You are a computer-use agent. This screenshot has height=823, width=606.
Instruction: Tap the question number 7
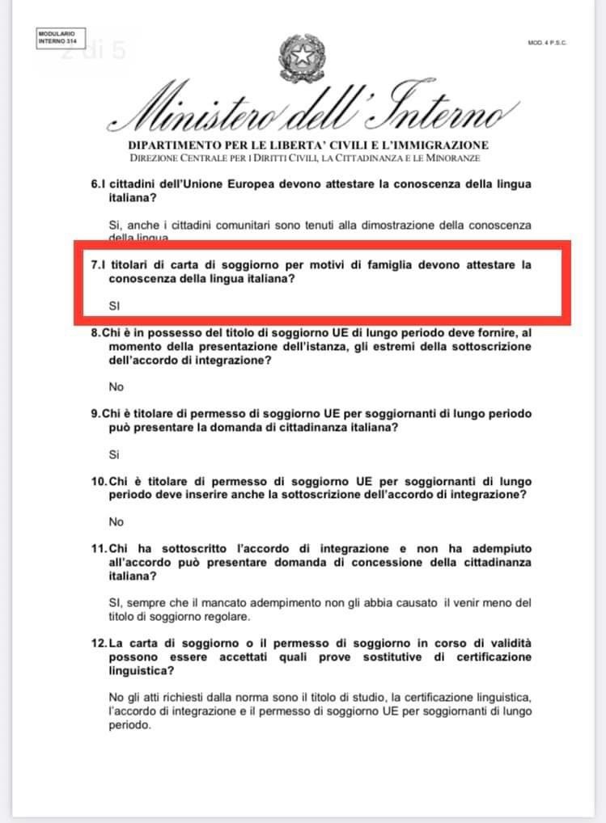pos(94,265)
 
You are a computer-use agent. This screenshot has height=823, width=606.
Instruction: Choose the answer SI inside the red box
pos(113,306)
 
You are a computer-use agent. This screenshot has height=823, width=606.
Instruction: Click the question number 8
pos(94,333)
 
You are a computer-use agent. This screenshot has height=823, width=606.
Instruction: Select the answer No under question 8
pos(116,386)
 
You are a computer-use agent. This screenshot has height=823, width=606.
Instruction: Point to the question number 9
pos(94,414)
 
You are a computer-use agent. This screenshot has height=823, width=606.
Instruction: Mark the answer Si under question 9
pos(113,454)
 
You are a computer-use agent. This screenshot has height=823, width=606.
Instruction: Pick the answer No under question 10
pos(116,522)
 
